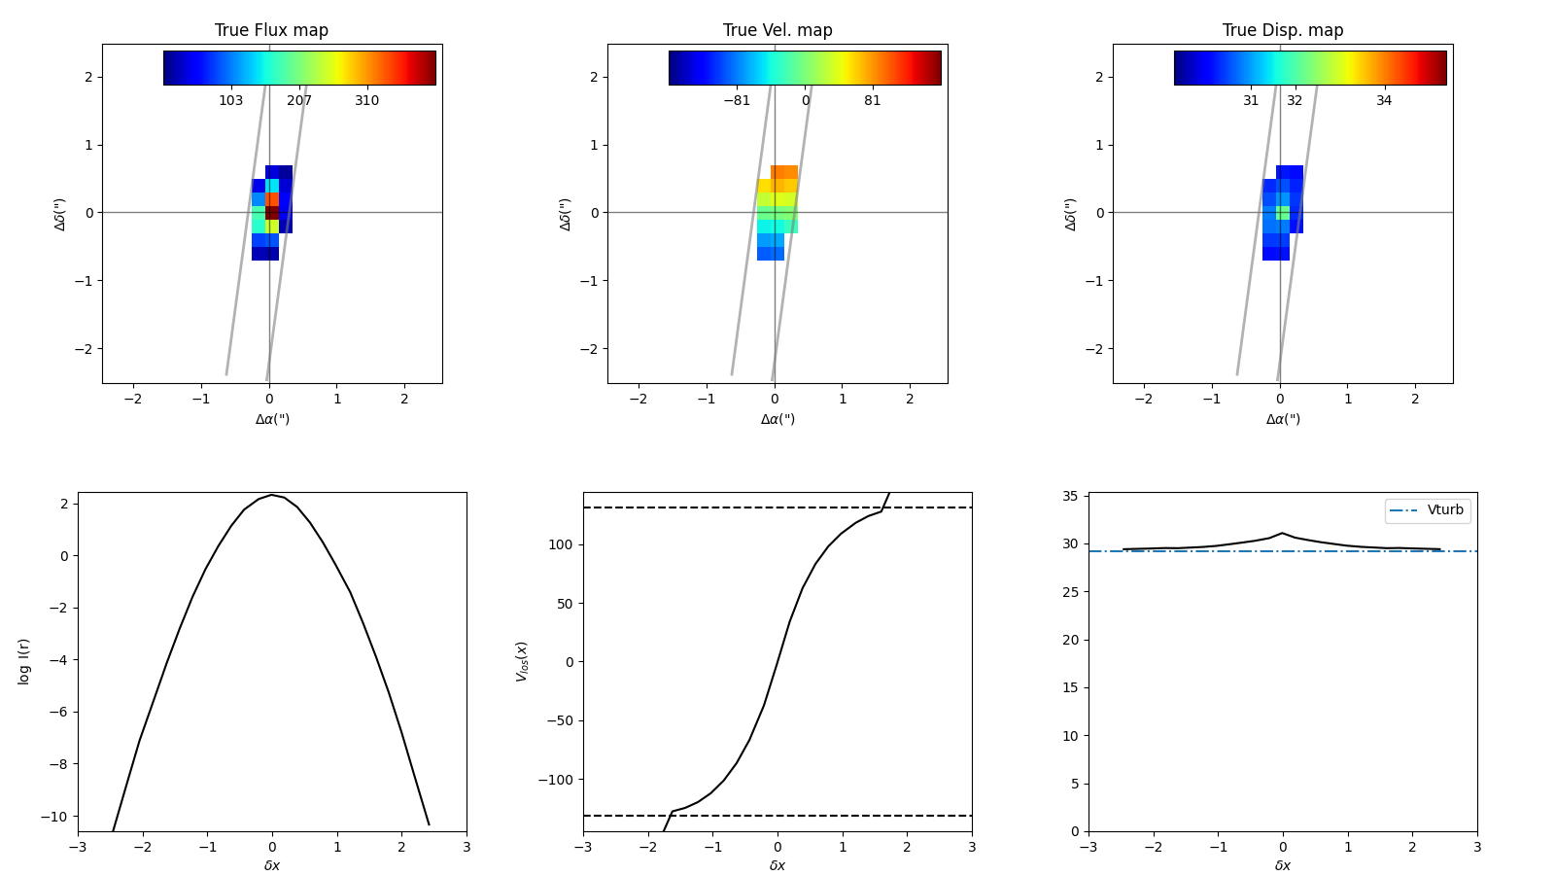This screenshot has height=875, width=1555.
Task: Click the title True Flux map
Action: (x=271, y=30)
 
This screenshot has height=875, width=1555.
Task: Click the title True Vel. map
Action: (x=777, y=30)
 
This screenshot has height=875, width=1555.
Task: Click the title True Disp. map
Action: (x=1283, y=30)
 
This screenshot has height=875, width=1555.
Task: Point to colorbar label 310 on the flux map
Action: (x=366, y=101)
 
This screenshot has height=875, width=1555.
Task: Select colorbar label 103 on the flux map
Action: (x=230, y=101)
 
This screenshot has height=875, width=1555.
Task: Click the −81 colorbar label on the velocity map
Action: (x=737, y=101)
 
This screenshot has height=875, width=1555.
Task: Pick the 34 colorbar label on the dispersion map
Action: (x=1383, y=101)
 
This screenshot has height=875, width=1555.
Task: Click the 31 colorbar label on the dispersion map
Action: (x=1251, y=101)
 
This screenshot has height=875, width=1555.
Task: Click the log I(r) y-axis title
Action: (x=24, y=661)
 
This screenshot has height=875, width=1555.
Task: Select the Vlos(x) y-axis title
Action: (x=522, y=661)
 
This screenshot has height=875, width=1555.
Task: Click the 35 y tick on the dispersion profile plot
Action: (x=1070, y=496)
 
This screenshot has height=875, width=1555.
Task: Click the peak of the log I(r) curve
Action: (x=272, y=495)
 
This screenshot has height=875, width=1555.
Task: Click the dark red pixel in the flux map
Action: (x=272, y=213)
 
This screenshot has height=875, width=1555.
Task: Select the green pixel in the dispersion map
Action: (x=1283, y=213)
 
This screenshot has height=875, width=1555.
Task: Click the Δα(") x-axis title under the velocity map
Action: (x=777, y=419)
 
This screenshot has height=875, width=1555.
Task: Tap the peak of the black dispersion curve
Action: (x=1283, y=533)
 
